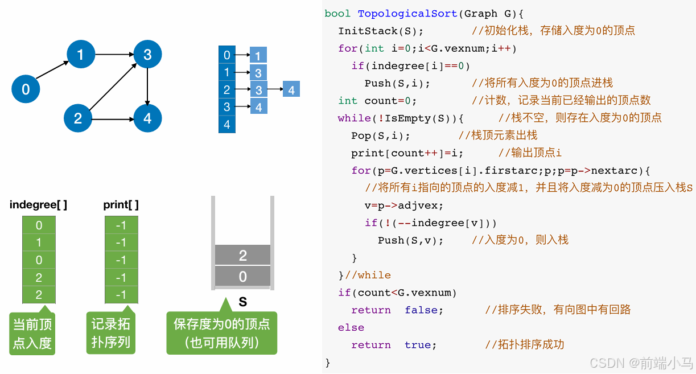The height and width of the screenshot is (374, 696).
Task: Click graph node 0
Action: click(26, 89)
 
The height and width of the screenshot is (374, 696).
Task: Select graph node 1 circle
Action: click(80, 54)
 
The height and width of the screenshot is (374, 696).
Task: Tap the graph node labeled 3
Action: click(147, 54)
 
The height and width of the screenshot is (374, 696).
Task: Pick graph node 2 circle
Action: click(78, 118)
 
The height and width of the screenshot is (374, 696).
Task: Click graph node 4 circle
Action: click(147, 118)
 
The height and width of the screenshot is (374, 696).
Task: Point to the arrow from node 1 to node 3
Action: click(114, 55)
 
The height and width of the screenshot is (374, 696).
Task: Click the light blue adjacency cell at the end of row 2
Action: click(291, 89)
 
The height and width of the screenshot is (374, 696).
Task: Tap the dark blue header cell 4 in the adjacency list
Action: click(227, 125)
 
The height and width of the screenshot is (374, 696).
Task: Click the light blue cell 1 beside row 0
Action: click(258, 56)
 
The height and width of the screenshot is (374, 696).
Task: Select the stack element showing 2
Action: click(243, 256)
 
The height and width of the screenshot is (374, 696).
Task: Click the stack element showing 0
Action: click(243, 277)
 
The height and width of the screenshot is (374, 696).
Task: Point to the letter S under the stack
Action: click(243, 302)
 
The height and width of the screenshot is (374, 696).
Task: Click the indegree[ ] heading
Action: click(38, 205)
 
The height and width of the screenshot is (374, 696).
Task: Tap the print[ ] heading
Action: click(121, 205)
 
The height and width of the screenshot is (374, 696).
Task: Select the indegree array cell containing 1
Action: click(39, 243)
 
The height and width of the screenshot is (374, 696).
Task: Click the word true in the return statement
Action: click(418, 345)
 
